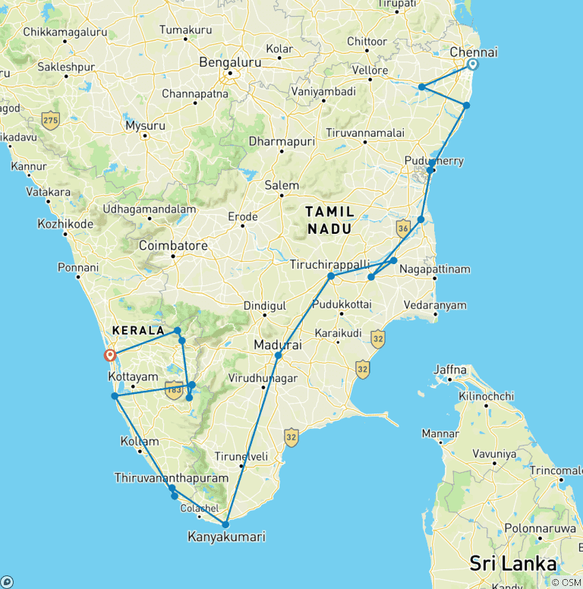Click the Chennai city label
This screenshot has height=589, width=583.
[x=474, y=52]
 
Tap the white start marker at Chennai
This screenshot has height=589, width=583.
[x=472, y=65]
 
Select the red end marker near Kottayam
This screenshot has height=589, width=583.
[x=110, y=354]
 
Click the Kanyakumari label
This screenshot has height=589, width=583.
[x=226, y=537]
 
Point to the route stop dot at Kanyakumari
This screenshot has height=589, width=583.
[x=225, y=524]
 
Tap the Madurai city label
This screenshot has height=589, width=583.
[x=278, y=345]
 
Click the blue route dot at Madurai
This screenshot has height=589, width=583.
[x=278, y=356]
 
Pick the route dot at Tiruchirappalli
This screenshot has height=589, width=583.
[x=331, y=276]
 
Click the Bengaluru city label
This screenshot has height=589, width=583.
[x=229, y=62]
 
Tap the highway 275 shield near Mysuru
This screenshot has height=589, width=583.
[x=51, y=120]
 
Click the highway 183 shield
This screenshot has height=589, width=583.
[x=175, y=392]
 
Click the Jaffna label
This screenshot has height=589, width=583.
[x=449, y=370]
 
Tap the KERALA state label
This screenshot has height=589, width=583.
[x=138, y=331]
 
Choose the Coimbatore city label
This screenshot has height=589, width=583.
[x=173, y=246]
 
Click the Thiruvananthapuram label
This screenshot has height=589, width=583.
[x=171, y=478]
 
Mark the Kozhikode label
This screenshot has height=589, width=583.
[x=65, y=224]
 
